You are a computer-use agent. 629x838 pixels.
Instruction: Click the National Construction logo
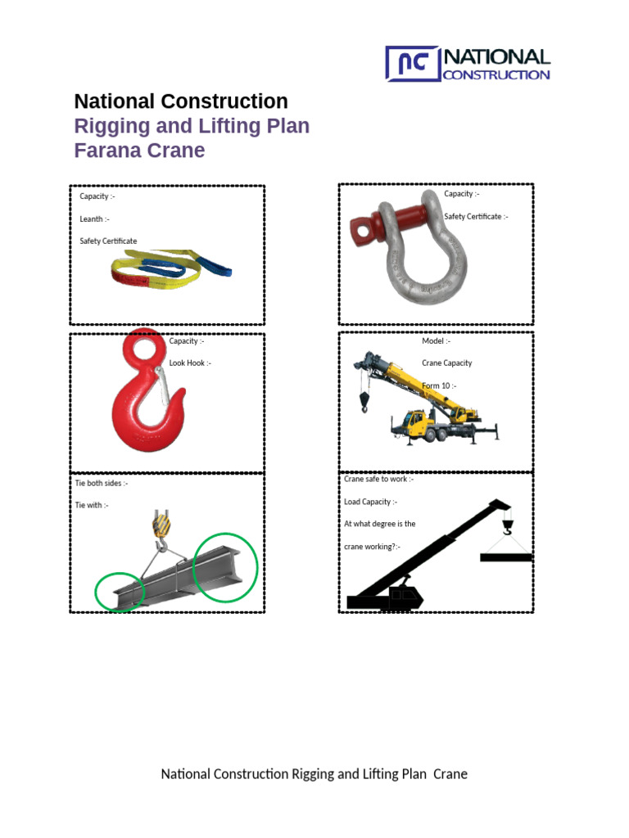click(468, 64)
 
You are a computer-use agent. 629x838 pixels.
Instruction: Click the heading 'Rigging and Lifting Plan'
click(192, 127)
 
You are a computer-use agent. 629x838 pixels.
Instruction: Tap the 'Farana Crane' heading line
click(139, 151)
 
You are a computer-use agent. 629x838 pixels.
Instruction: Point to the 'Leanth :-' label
click(94, 219)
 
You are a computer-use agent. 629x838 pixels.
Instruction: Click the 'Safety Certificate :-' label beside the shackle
click(476, 217)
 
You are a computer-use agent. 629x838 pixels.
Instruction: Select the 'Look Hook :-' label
click(190, 363)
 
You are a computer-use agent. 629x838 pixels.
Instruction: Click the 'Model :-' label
click(436, 341)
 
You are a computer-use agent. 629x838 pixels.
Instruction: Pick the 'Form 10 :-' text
click(439, 385)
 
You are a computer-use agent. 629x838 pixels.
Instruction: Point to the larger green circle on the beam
click(225, 567)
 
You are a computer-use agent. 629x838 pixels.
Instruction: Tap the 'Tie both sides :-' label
click(102, 484)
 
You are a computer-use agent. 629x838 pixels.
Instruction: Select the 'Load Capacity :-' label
click(370, 502)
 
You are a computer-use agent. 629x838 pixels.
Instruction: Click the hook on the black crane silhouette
click(507, 528)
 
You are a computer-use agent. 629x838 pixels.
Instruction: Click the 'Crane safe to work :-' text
click(378, 480)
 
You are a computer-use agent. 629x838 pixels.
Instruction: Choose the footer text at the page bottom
click(314, 774)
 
